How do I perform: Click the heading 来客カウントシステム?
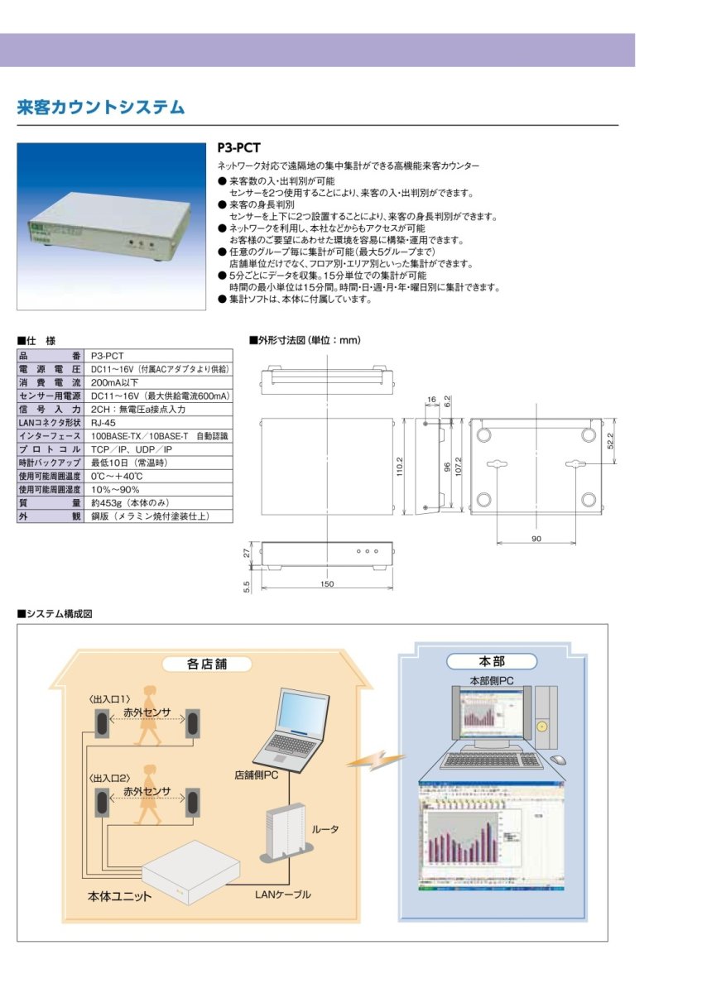point(100,108)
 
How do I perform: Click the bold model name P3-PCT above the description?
point(238,149)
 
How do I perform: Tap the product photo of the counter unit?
point(111,226)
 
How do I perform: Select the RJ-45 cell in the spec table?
point(104,422)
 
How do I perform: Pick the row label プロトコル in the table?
point(50,449)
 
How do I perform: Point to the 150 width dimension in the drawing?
point(326,584)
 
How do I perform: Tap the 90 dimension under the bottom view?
point(536,539)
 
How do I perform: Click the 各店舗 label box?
point(206,664)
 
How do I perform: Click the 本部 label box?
point(492,661)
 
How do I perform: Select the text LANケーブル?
point(282,894)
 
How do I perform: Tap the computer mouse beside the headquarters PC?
point(559,759)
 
